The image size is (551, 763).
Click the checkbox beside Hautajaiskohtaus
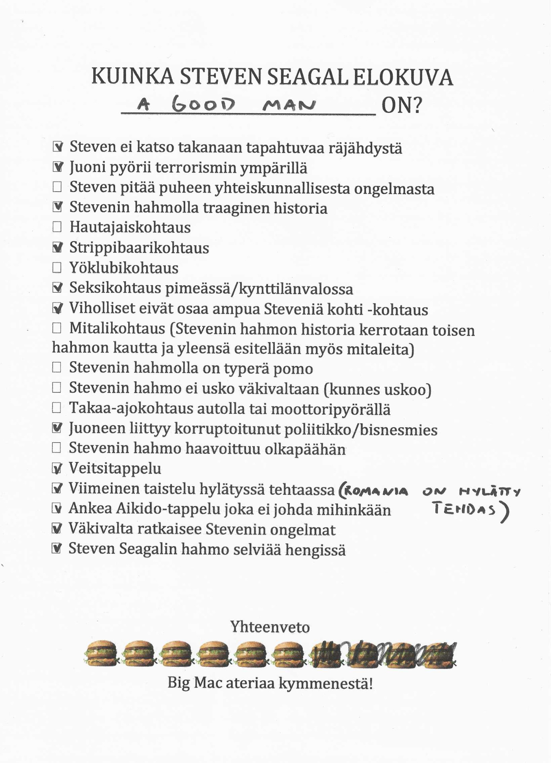pyautogui.click(x=57, y=227)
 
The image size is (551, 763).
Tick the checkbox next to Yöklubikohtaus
pyautogui.click(x=57, y=267)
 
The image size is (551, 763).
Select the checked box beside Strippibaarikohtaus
pyautogui.click(x=57, y=248)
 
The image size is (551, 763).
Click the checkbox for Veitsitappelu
pyautogui.click(x=57, y=469)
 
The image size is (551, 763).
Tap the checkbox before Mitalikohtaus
pyautogui.click(x=57, y=328)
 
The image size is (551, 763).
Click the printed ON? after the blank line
pyautogui.click(x=401, y=106)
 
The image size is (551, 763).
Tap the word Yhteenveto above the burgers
pyautogui.click(x=270, y=627)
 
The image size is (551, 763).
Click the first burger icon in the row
pyautogui.click(x=101, y=653)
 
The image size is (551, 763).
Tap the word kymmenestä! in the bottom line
pyautogui.click(x=325, y=684)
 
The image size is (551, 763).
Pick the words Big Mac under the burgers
pyautogui.click(x=194, y=683)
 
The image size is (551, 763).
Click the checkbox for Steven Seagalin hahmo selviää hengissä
pyautogui.click(x=57, y=548)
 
